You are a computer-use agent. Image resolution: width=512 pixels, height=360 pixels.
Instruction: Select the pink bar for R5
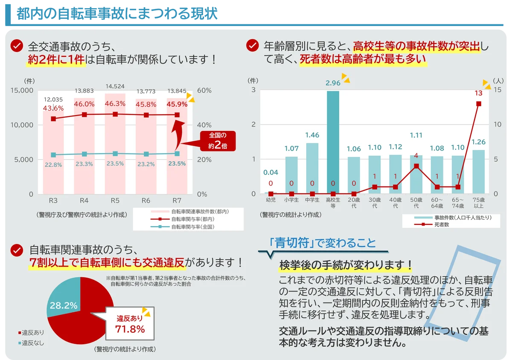(115, 171)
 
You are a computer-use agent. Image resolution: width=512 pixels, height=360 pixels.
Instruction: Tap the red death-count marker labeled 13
(479, 104)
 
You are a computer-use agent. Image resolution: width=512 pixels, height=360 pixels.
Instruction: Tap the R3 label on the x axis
(53, 200)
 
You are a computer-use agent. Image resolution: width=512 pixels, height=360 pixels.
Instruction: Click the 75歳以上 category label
(479, 203)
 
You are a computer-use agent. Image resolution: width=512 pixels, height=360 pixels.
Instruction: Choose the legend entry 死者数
(442, 224)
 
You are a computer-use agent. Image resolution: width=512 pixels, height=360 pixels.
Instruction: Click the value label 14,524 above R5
(115, 86)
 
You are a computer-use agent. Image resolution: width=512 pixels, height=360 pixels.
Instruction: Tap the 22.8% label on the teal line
(54, 164)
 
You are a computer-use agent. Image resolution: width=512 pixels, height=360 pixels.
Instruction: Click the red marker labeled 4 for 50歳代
(416, 166)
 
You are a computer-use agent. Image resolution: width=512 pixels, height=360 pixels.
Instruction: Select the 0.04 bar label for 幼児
(271, 172)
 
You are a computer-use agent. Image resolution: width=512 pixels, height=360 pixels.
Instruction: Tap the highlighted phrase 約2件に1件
(55, 60)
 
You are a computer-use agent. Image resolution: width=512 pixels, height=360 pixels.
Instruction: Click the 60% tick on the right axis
(204, 90)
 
